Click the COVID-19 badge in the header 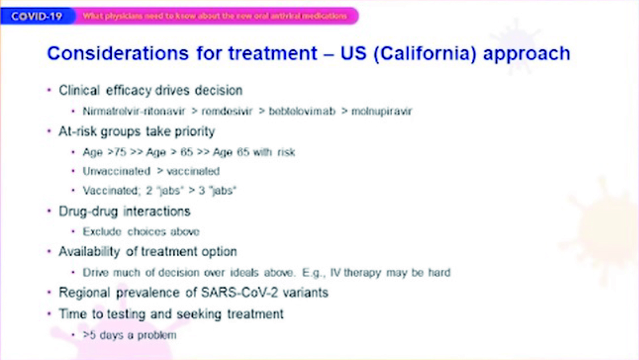[x=37, y=16]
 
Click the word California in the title [x=425, y=54]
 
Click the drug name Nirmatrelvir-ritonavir [x=134, y=111]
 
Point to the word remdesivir [x=227, y=111]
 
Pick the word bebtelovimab [x=302, y=111]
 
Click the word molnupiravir [x=382, y=111]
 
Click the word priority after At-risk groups [x=194, y=132]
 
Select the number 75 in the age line [x=120, y=152]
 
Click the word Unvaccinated [x=117, y=171]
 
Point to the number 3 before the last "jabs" [x=202, y=190]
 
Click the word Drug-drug [x=88, y=211]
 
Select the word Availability [x=89, y=252]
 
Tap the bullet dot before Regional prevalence [x=49, y=293]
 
